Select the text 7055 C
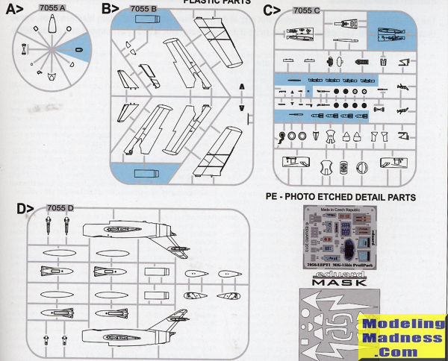tap(308, 10)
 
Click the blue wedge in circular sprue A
tap(78, 49)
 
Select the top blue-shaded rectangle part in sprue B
tap(145, 22)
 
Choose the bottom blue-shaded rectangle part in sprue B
tap(144, 174)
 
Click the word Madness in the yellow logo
tap(401, 338)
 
